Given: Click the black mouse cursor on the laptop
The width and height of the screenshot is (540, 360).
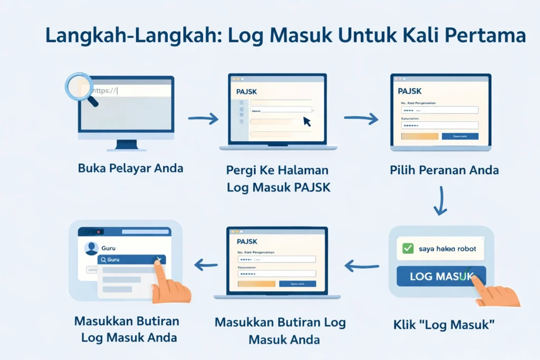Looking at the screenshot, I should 307,122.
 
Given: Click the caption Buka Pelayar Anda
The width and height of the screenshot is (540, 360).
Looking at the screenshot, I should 131,169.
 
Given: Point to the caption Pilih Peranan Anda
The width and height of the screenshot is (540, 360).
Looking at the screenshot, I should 444,170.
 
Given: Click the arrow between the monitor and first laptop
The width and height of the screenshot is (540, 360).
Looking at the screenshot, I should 204,119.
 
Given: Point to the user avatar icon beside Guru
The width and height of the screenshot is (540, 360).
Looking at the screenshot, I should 91,248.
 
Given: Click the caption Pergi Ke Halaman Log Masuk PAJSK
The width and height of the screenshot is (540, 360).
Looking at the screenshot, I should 278,178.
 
